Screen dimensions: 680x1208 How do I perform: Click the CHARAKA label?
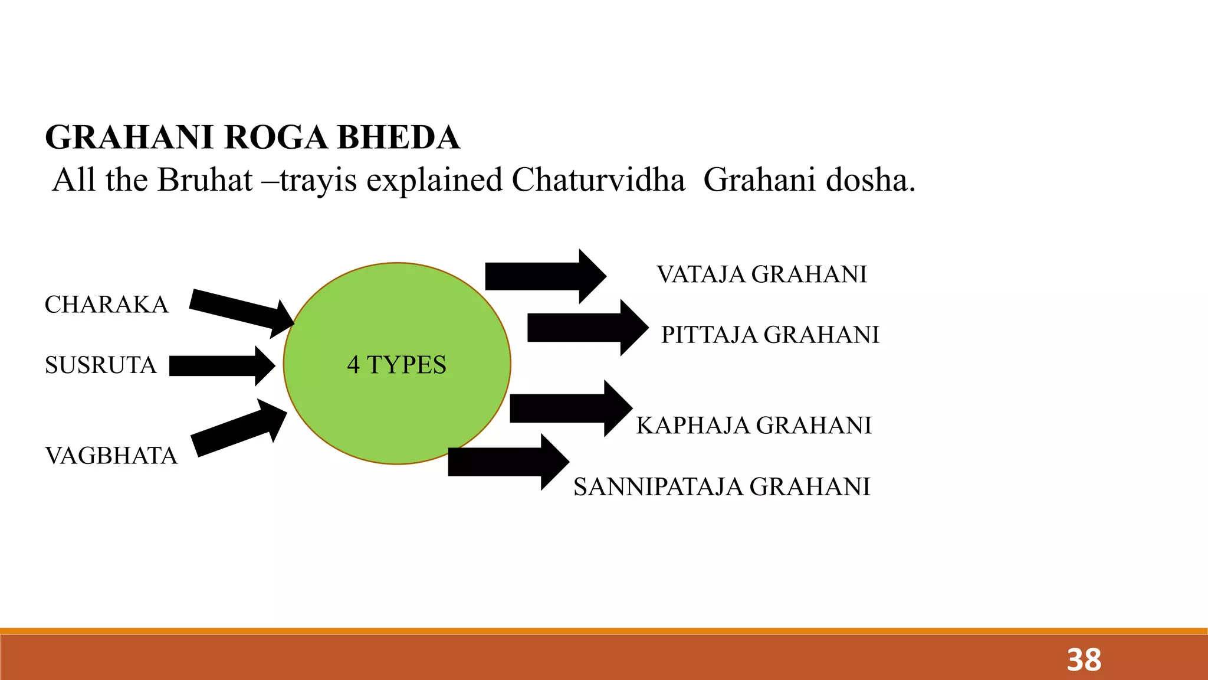pos(107,305)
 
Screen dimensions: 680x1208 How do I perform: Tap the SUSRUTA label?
pos(101,365)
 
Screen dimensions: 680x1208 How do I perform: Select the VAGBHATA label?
pos(111,456)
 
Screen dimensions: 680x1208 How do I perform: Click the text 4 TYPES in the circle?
pos(396,365)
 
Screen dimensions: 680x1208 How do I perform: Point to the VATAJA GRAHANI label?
pos(761,274)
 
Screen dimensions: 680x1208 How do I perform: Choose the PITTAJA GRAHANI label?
pos(770,335)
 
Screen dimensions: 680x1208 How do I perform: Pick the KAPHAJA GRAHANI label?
pos(754,426)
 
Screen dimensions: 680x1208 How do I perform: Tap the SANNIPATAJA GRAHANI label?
pos(722,487)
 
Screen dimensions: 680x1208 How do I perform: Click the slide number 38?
pos(1084,660)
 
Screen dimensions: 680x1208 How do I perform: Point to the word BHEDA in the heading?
pos(398,138)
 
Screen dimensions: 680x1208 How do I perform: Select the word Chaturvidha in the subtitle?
pos(598,180)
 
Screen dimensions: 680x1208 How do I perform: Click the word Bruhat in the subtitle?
pos(205,180)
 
